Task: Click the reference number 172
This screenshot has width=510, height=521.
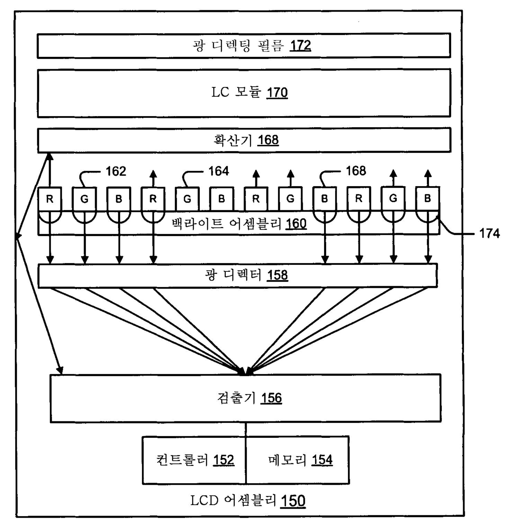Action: click(x=300, y=45)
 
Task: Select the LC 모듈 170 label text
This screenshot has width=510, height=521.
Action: click(x=249, y=93)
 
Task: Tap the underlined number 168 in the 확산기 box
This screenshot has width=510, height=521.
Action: click(x=268, y=140)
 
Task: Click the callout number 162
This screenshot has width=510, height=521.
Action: click(x=116, y=171)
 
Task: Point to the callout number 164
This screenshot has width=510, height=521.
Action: click(x=218, y=171)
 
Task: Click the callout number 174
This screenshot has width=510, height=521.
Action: click(x=489, y=234)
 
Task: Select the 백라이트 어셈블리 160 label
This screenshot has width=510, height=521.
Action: click(x=239, y=224)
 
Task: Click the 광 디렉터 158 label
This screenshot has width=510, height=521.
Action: click(x=246, y=275)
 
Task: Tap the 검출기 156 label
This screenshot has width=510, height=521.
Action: click(x=250, y=398)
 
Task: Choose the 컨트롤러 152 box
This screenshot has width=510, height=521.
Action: click(x=194, y=460)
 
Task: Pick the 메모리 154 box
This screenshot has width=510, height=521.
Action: click(x=298, y=460)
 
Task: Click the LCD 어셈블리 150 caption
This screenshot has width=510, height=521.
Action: click(x=248, y=500)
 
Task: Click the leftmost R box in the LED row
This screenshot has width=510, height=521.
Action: click(x=50, y=199)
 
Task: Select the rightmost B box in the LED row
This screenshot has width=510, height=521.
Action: click(x=427, y=199)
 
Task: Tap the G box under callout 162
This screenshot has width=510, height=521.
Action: click(x=85, y=199)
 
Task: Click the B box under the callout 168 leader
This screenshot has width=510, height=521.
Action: click(x=325, y=199)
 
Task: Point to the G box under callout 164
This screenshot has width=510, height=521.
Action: click(x=187, y=199)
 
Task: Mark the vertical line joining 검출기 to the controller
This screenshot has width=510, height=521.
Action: click(x=246, y=429)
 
